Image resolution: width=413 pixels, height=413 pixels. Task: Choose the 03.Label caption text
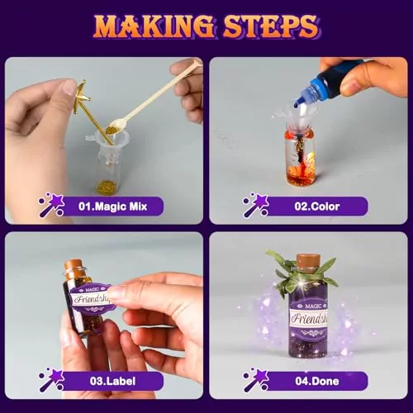click(112, 381)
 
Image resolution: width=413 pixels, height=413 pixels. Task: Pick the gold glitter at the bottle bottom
click(107, 186)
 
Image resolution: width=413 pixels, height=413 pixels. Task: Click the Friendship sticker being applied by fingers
click(93, 298)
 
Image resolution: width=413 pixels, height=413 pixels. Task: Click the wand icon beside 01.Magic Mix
click(52, 205)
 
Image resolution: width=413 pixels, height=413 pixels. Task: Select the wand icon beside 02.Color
click(255, 205)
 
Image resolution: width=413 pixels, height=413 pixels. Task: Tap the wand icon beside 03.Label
click(52, 379)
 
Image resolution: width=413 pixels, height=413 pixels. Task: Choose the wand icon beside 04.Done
click(255, 379)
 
